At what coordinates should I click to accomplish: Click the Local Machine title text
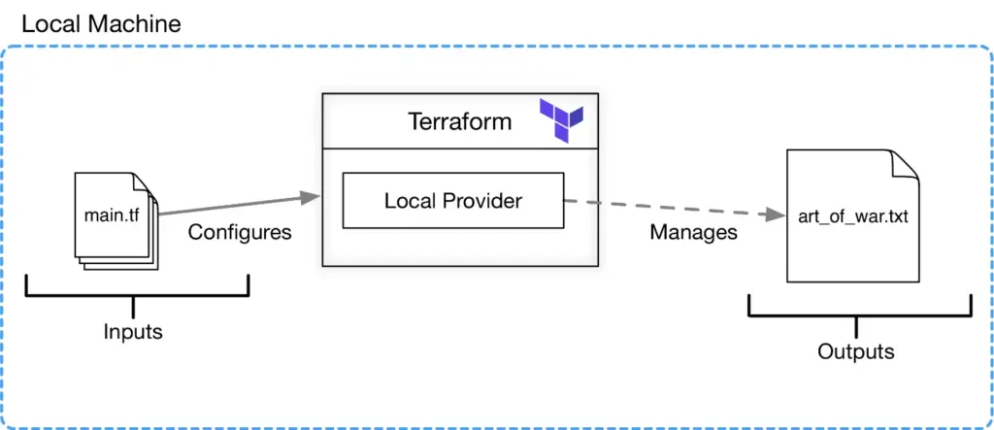pos(101,23)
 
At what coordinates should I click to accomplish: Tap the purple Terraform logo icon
pos(562,121)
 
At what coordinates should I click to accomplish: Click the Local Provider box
pos(452,201)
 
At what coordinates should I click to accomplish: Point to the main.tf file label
pos(111,214)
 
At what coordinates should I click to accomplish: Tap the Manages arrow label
pos(693,232)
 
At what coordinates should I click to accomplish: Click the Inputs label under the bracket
pos(133,332)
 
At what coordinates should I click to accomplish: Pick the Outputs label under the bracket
pos(855,351)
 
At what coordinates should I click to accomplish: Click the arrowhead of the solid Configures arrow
pos(312,198)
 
